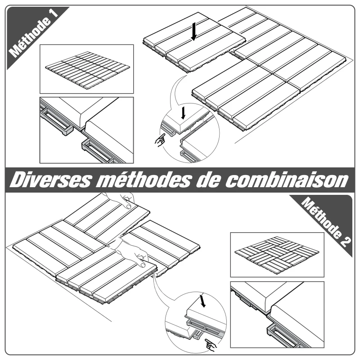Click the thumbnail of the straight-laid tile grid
(x=86, y=69)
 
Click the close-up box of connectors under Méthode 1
(x=86, y=130)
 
